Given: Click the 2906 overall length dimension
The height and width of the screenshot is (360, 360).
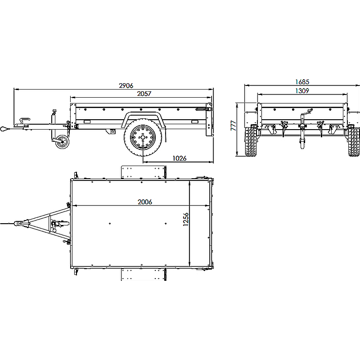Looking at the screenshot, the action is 126,85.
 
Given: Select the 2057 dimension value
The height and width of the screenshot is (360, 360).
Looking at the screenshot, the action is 144,94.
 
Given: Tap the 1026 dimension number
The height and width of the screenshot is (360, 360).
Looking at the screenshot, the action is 180,158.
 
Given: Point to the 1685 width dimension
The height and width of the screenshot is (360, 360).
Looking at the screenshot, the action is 302,82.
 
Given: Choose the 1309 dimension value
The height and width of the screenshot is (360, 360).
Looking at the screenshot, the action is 302,91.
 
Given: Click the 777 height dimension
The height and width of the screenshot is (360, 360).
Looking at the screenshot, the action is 234,126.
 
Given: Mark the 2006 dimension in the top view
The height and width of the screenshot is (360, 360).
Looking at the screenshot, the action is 145,202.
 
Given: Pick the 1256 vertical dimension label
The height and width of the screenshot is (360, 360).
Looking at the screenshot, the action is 186,219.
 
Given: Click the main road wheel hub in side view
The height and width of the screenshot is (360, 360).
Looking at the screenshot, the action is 143,138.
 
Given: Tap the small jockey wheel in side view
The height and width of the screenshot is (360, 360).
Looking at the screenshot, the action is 62,142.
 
